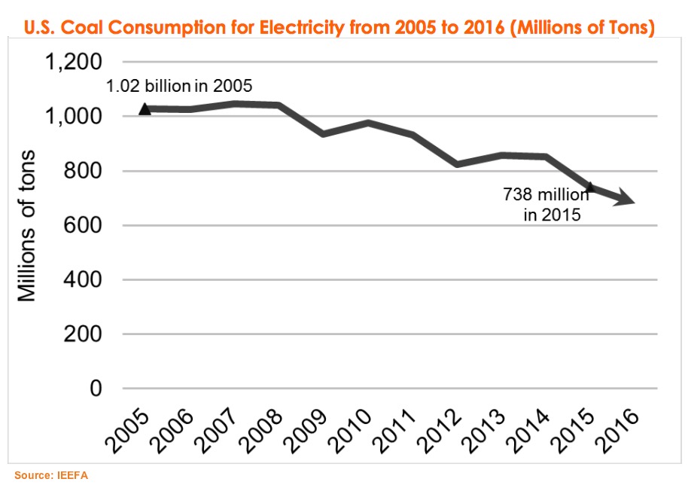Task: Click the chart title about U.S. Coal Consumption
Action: (x=339, y=28)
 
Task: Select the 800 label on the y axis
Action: (x=84, y=171)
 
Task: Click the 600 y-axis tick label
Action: (x=84, y=225)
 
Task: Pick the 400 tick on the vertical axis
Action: (x=84, y=279)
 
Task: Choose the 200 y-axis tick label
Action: (x=84, y=334)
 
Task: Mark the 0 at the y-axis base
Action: (x=96, y=389)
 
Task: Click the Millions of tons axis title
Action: (x=27, y=226)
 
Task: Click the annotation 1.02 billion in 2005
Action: (x=179, y=86)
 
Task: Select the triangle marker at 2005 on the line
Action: (x=145, y=109)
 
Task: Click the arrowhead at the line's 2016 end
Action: (x=629, y=200)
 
